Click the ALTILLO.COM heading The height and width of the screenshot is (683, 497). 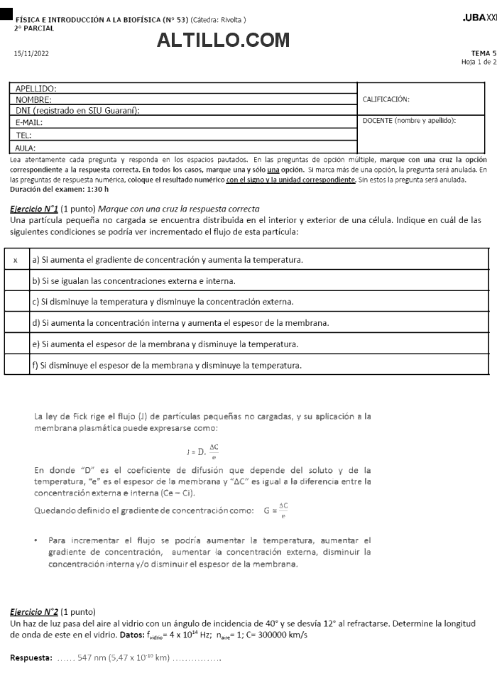[223, 41]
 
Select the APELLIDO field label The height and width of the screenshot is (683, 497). [35, 89]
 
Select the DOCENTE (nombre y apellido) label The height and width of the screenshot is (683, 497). [409, 120]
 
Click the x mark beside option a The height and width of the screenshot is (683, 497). [16, 260]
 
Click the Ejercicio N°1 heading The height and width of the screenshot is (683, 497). [34, 209]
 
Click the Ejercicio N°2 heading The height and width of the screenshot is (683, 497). [34, 612]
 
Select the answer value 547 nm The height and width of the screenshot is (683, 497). [91, 658]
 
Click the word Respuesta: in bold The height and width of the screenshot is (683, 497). [31, 658]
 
